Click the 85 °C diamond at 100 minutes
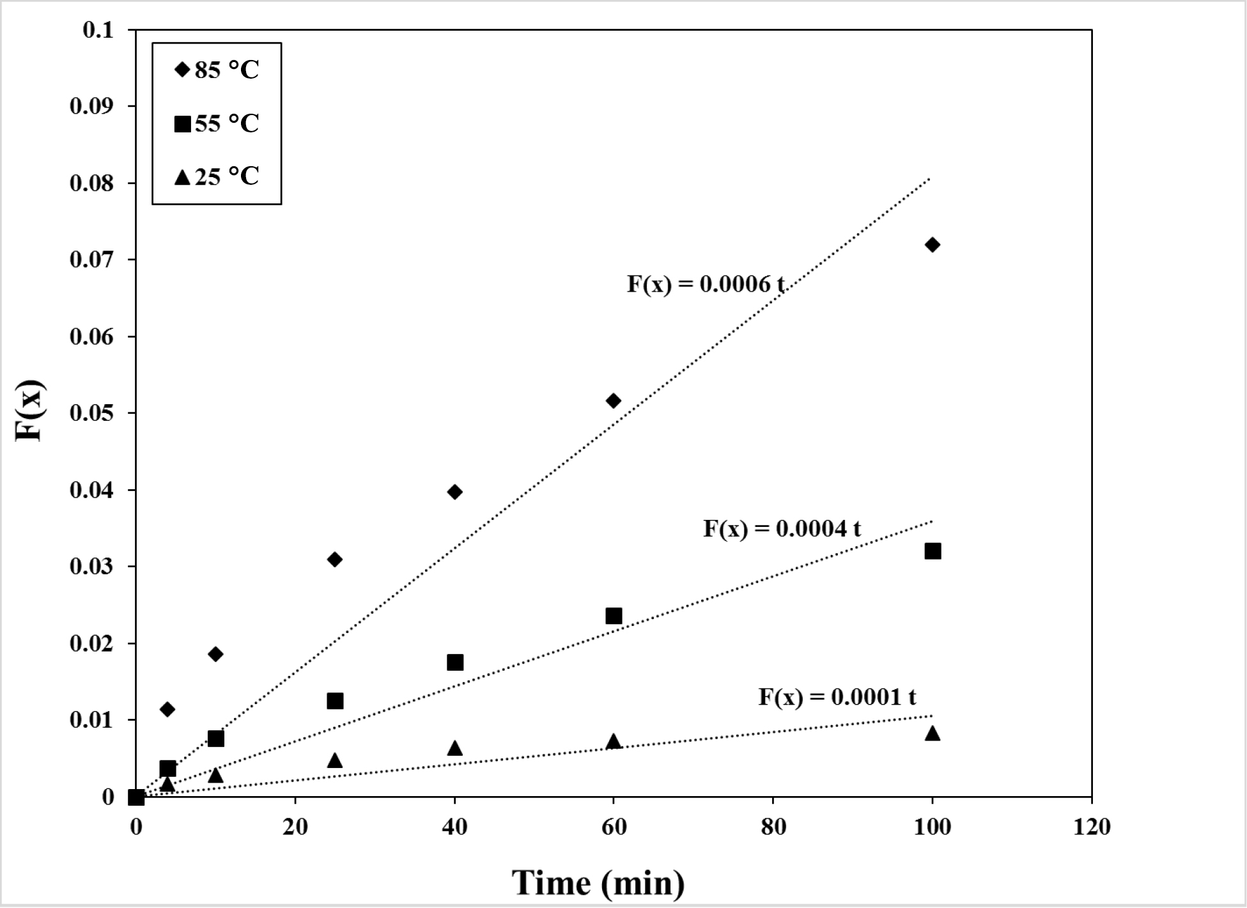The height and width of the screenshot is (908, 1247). point(932,245)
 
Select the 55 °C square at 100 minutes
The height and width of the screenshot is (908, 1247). point(933,551)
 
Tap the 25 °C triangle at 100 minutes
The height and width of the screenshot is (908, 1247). point(933,733)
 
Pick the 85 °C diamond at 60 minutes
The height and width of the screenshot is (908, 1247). point(614,401)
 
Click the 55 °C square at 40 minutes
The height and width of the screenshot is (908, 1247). point(455,662)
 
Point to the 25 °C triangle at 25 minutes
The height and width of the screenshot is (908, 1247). point(335,760)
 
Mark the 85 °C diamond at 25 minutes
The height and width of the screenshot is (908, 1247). point(335,560)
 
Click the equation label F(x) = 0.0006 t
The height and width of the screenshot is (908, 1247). point(705,284)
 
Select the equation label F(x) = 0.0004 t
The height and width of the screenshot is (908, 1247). point(782,529)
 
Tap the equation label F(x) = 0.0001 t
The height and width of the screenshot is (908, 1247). point(837,696)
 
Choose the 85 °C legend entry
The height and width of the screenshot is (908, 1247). point(217,70)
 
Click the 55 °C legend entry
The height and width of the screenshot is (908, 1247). point(217,123)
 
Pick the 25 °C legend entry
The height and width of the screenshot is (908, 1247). point(217,176)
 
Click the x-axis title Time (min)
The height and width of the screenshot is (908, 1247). point(598,883)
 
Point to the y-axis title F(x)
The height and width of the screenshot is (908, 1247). point(29,411)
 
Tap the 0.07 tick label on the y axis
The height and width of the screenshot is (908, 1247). point(91,260)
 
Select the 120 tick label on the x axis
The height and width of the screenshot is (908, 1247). point(1092,827)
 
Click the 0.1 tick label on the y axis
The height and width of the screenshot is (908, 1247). point(98,30)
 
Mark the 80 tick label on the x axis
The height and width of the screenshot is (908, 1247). point(773,827)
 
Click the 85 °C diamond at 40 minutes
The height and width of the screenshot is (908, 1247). point(455,492)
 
